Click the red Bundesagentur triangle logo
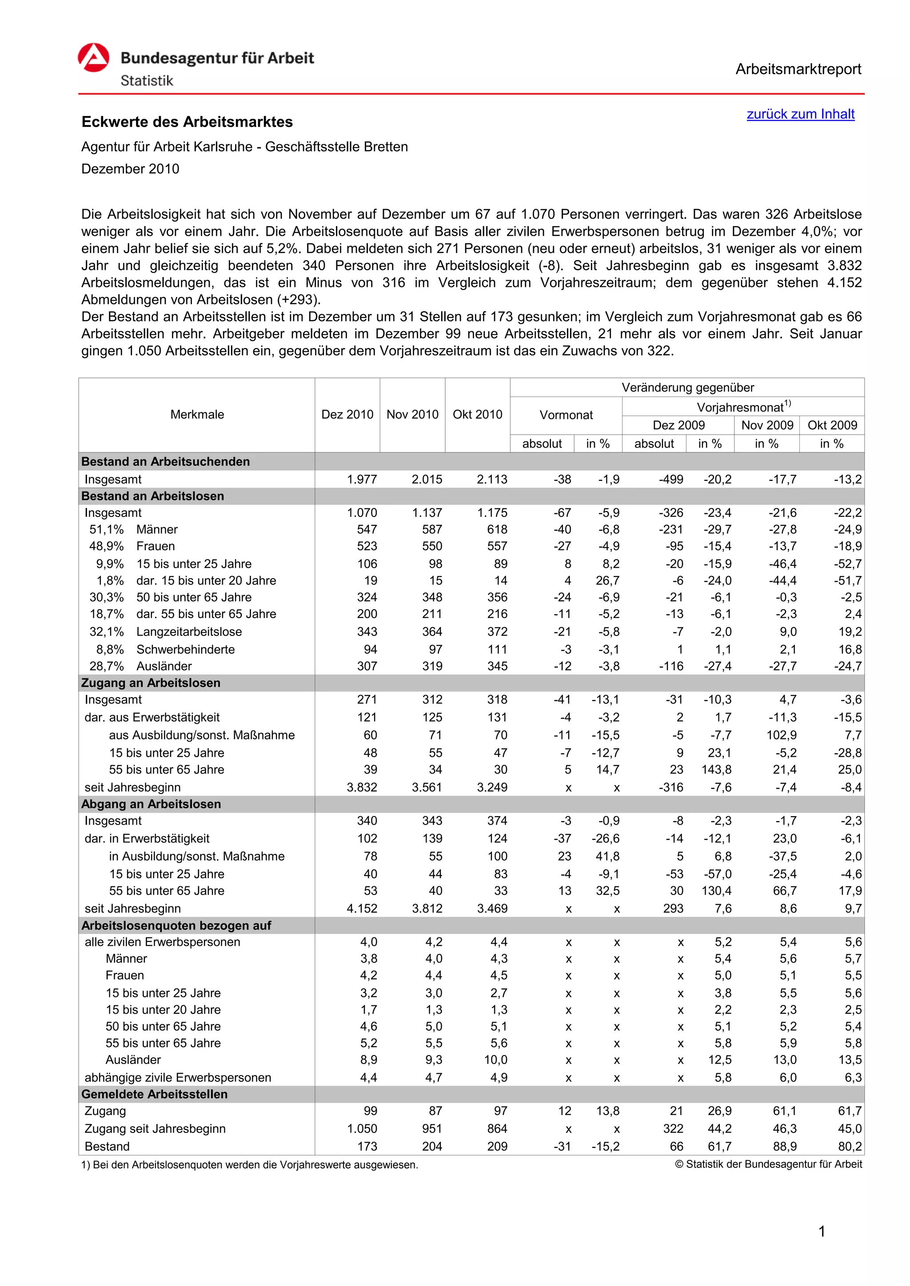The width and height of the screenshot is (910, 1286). [x=94, y=58]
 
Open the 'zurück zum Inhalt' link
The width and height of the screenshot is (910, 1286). [x=800, y=114]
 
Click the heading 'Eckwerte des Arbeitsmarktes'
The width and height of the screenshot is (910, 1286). [x=187, y=122]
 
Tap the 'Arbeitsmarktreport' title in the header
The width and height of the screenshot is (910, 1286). [x=798, y=69]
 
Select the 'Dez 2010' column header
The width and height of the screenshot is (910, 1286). [x=347, y=414]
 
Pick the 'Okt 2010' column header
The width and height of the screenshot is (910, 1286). [x=477, y=414]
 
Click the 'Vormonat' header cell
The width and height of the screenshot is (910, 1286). [x=566, y=415]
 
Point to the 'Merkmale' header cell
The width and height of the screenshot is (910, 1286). [x=197, y=414]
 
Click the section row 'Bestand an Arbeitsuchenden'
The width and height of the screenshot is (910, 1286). [x=165, y=461]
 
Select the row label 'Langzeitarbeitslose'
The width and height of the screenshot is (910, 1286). [x=189, y=632]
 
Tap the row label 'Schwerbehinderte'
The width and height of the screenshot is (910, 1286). [x=185, y=650]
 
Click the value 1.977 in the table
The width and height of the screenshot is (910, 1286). [x=362, y=480]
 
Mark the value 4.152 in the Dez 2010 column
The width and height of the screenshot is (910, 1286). [x=362, y=909]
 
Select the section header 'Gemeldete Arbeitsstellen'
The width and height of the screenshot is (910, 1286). [x=154, y=1095]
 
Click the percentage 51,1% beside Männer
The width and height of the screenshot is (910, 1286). [x=107, y=530]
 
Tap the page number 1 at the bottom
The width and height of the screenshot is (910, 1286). [x=822, y=1232]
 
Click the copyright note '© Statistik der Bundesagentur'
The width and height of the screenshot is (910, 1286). [x=768, y=1164]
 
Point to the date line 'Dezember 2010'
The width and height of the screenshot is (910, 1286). [x=130, y=169]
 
